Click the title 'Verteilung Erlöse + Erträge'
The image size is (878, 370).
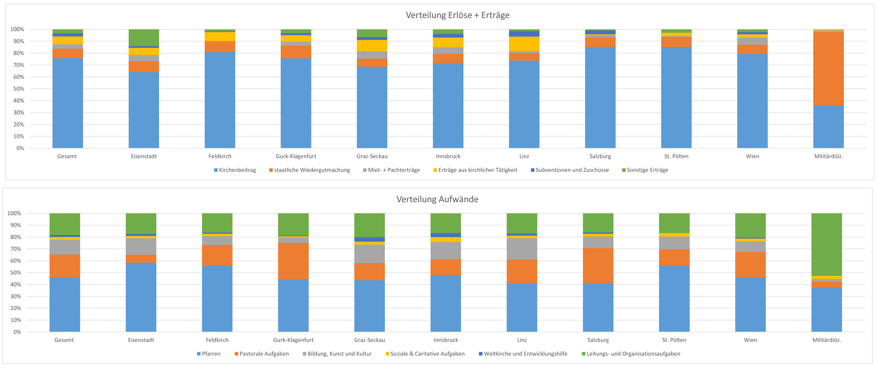click(457, 15)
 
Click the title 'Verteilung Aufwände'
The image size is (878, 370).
click(437, 199)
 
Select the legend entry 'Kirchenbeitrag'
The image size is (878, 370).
click(237, 170)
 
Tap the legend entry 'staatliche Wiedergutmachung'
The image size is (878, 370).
click(311, 170)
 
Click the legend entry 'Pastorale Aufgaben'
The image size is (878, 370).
click(264, 354)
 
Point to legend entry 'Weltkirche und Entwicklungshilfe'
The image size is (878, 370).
click(525, 354)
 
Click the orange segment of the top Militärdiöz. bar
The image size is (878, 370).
click(828, 69)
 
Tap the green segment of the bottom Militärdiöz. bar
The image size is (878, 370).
click(827, 244)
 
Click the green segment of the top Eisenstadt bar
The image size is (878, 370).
click(143, 38)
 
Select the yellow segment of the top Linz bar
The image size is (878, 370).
click(524, 44)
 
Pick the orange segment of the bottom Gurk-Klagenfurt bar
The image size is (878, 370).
click(293, 261)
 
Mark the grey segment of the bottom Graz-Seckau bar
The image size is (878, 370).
click(369, 254)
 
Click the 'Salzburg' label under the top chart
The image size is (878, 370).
click(600, 156)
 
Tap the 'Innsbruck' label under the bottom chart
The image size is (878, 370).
click(445, 340)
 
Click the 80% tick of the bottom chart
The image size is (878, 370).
click(16, 237)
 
